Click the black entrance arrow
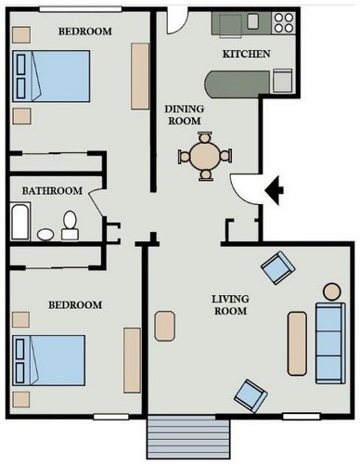click(x=275, y=190)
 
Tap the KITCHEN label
click(x=246, y=54)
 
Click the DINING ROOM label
click(x=185, y=115)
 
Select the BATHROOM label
click(x=52, y=190)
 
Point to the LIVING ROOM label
click(x=230, y=304)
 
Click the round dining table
click(x=205, y=156)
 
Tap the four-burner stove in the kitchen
click(x=283, y=23)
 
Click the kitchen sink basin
click(x=253, y=21)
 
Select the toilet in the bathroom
click(x=70, y=226)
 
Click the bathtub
click(x=20, y=222)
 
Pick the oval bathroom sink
click(x=45, y=235)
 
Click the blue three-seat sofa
click(x=330, y=343)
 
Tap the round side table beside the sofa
click(x=332, y=291)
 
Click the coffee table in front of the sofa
click(x=298, y=343)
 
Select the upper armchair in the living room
click(x=278, y=267)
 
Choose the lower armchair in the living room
click(x=251, y=396)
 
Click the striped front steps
click(x=188, y=437)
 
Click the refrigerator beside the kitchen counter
click(x=282, y=81)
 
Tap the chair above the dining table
click(x=205, y=136)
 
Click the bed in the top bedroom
click(x=51, y=76)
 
